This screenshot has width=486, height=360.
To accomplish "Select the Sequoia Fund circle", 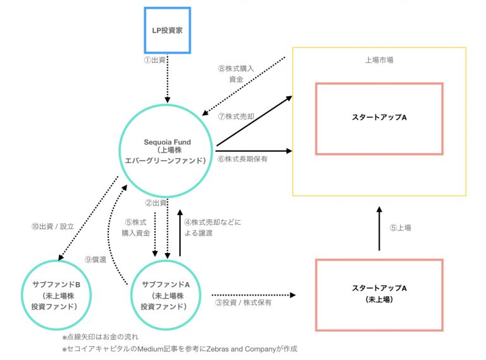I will (x=167, y=151).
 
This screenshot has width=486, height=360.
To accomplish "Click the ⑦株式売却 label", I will (x=235, y=116).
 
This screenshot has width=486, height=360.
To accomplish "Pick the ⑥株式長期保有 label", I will (x=243, y=159).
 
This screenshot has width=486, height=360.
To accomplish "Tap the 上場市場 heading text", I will (x=379, y=61).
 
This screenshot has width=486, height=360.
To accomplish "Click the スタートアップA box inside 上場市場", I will (x=379, y=118).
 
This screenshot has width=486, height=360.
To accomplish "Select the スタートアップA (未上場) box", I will (x=379, y=294).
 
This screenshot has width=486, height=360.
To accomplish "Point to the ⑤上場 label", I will (x=399, y=228).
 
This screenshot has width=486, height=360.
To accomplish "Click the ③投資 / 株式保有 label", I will (x=244, y=303).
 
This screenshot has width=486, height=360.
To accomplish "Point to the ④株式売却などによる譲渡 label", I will (x=213, y=227).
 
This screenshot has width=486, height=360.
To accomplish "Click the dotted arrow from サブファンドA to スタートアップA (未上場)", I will (x=253, y=295).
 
